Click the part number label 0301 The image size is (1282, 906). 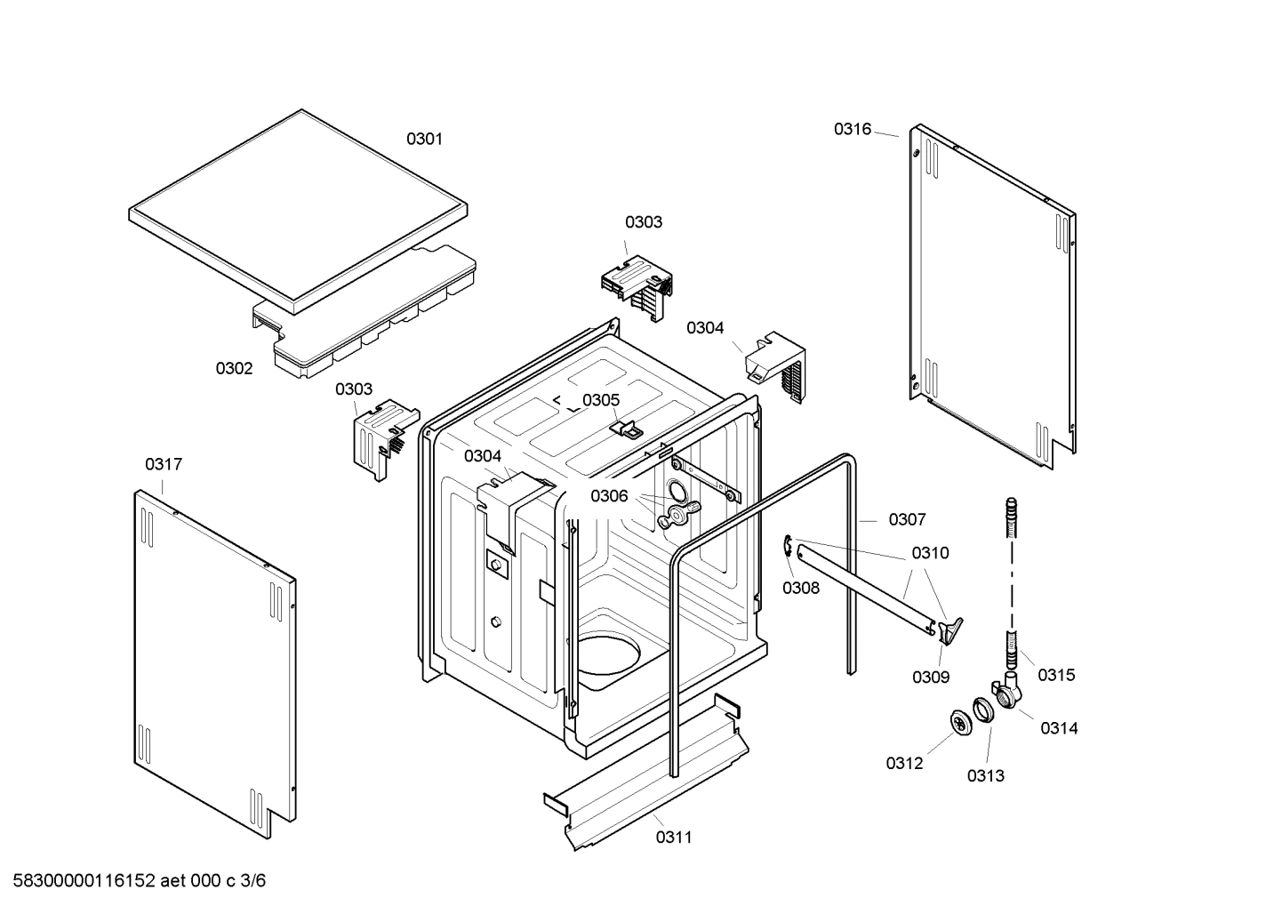(x=424, y=139)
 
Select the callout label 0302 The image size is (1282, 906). (x=234, y=368)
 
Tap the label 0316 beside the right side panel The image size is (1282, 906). (x=852, y=129)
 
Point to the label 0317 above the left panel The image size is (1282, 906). (x=164, y=464)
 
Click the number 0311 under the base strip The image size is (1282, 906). (x=674, y=837)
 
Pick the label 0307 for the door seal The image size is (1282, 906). (x=907, y=519)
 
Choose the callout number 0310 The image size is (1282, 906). (x=930, y=553)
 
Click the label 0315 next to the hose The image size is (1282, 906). (x=1056, y=675)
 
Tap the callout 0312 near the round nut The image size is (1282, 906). (x=904, y=763)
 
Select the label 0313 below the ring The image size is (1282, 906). (x=986, y=775)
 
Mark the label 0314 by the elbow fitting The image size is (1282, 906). (x=1059, y=728)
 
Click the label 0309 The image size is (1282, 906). (x=930, y=677)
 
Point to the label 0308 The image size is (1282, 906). (x=801, y=588)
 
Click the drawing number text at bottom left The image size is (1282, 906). (x=134, y=881)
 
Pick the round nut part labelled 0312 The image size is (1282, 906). (x=960, y=724)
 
